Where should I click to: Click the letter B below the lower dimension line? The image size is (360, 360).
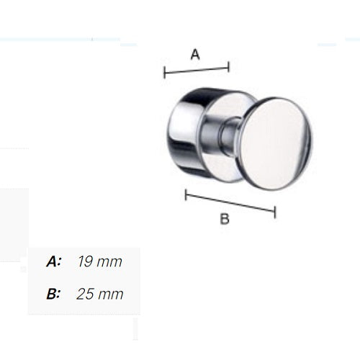click(x=224, y=220)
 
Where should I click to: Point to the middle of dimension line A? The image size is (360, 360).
click(x=197, y=70)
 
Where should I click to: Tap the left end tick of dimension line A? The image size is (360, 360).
click(x=165, y=73)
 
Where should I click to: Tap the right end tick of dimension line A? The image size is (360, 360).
click(x=228, y=67)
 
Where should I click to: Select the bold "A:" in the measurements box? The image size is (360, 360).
click(x=53, y=262)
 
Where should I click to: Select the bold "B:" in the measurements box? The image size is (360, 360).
click(x=53, y=294)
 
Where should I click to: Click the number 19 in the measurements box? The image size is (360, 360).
click(x=84, y=262)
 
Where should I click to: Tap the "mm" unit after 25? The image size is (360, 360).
click(x=111, y=294)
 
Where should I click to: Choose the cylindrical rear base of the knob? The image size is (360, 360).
click(x=188, y=130)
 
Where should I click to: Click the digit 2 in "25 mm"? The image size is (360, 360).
click(x=81, y=294)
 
